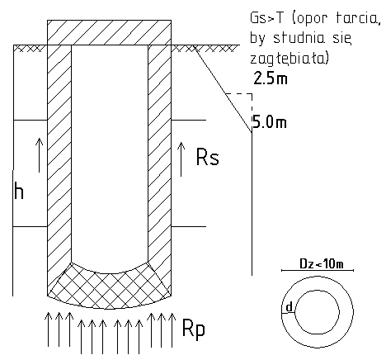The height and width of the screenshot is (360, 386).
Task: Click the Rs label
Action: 208,157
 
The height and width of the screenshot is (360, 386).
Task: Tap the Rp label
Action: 194,329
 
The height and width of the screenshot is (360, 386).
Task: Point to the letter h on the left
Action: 19,190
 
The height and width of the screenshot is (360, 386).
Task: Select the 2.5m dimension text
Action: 271,78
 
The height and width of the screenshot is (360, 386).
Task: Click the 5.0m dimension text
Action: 270,122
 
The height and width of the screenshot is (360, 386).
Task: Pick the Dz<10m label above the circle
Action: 322,264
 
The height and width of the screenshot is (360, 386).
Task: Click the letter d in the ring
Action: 289,306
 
